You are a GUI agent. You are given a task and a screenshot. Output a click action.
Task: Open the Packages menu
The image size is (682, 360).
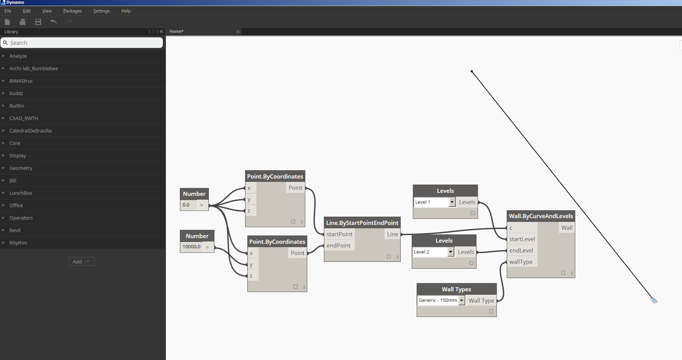[x=72, y=11]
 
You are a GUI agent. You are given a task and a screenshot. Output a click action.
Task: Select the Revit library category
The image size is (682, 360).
[x=15, y=230]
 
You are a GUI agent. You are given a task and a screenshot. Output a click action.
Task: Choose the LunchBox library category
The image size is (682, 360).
[x=20, y=193]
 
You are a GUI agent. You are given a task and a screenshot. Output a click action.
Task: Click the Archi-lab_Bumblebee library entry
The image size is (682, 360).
[x=33, y=68]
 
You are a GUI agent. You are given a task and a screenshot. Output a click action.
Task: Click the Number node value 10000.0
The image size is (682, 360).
[x=191, y=247]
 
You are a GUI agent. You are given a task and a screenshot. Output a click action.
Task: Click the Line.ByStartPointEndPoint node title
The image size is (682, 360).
[x=362, y=223]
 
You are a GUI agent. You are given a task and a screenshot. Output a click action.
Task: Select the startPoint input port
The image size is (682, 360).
[x=339, y=234]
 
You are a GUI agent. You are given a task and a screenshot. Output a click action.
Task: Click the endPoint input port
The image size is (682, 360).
[x=338, y=245]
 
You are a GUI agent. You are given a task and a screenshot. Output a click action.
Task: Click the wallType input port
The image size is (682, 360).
[x=520, y=262]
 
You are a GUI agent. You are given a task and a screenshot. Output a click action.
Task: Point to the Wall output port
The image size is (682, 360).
[x=566, y=228]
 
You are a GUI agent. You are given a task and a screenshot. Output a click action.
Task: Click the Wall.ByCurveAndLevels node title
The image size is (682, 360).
[x=540, y=216]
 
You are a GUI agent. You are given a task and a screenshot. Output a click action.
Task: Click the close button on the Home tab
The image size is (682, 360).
[x=238, y=32]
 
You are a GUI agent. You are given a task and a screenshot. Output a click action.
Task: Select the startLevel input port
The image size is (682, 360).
[x=522, y=239]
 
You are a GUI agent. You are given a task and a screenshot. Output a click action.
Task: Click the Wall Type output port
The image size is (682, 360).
[x=481, y=300]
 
